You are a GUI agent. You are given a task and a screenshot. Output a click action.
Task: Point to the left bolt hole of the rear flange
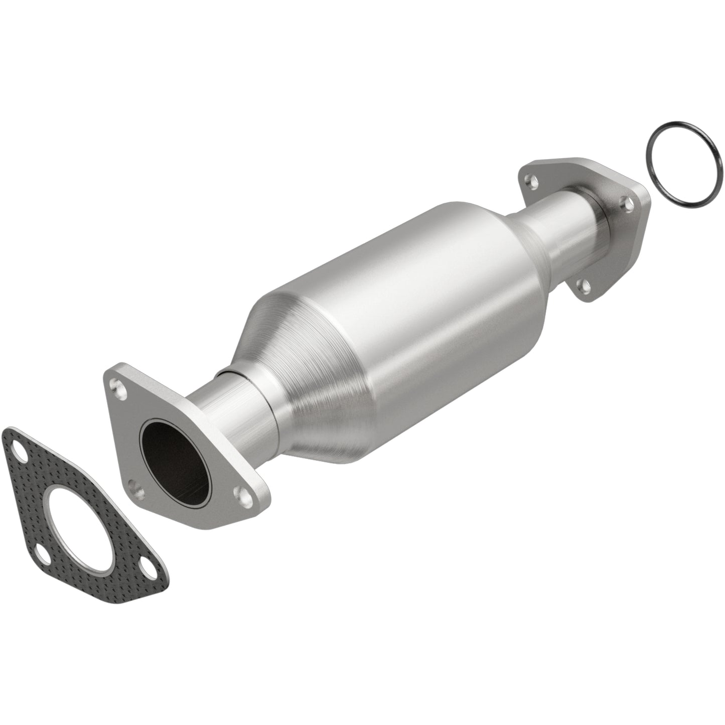click(x=529, y=178)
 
